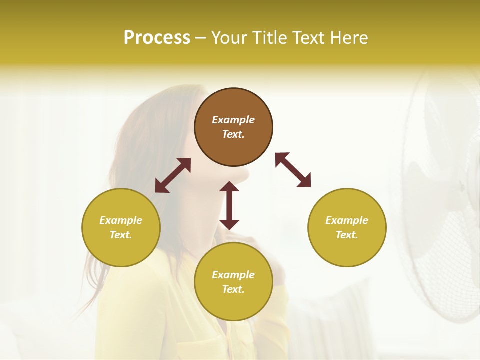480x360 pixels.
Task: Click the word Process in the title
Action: click(157, 38)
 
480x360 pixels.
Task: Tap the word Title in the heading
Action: click(269, 38)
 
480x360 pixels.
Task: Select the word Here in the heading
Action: click(349, 38)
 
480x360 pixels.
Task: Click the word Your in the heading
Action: click(229, 38)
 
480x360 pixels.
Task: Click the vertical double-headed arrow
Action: click(229, 205)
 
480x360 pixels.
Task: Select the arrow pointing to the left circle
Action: click(173, 175)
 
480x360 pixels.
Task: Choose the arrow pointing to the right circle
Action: click(293, 170)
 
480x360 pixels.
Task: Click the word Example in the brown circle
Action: click(233, 120)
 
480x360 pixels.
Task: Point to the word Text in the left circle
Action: click(121, 235)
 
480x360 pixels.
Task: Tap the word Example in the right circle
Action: click(347, 220)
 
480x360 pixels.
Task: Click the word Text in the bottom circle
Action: click(233, 289)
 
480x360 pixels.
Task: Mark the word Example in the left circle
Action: click(121, 220)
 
